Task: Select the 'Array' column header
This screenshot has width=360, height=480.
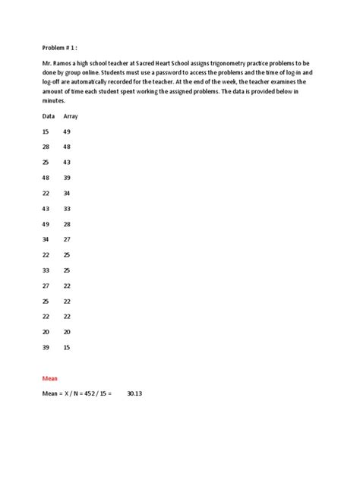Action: coord(71,116)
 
